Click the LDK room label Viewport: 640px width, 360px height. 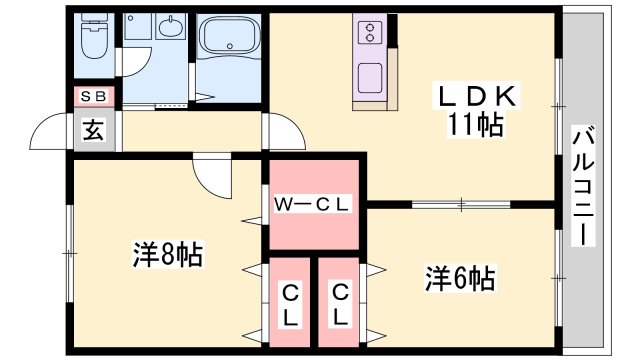[474, 97]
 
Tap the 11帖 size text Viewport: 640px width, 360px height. [474, 126]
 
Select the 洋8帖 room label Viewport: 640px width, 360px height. [168, 256]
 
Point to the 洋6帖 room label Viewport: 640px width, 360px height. [460, 277]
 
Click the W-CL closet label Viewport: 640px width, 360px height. [313, 205]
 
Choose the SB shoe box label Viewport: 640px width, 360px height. [95, 97]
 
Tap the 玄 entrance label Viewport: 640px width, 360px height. [92, 131]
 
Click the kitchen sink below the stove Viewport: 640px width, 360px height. [369, 76]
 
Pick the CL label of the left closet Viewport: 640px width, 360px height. [290, 305]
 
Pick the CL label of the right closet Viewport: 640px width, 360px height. [342, 305]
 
